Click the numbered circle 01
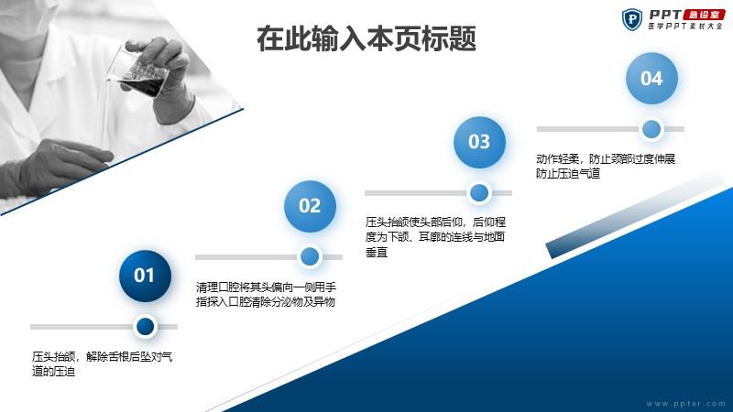pyautogui.click(x=145, y=276)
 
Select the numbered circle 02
pyautogui.click(x=310, y=206)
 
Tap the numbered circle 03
pyautogui.click(x=479, y=142)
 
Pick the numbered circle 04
pyautogui.click(x=651, y=78)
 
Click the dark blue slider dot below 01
pyautogui.click(x=145, y=326)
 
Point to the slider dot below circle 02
pyautogui.click(x=310, y=256)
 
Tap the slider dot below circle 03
pyautogui.click(x=479, y=192)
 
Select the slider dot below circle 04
pyautogui.click(x=651, y=129)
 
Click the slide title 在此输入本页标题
pyautogui.click(x=366, y=38)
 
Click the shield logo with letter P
pyautogui.click(x=632, y=19)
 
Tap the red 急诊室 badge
pyautogui.click(x=704, y=15)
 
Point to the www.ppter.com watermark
pyautogui.click(x=685, y=404)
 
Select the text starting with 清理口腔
pyautogui.click(x=266, y=294)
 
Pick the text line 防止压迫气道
pyautogui.click(x=568, y=174)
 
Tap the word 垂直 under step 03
pyautogui.click(x=377, y=253)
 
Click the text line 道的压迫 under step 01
pyautogui.click(x=53, y=372)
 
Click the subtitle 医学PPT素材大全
pyautogui.click(x=685, y=27)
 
